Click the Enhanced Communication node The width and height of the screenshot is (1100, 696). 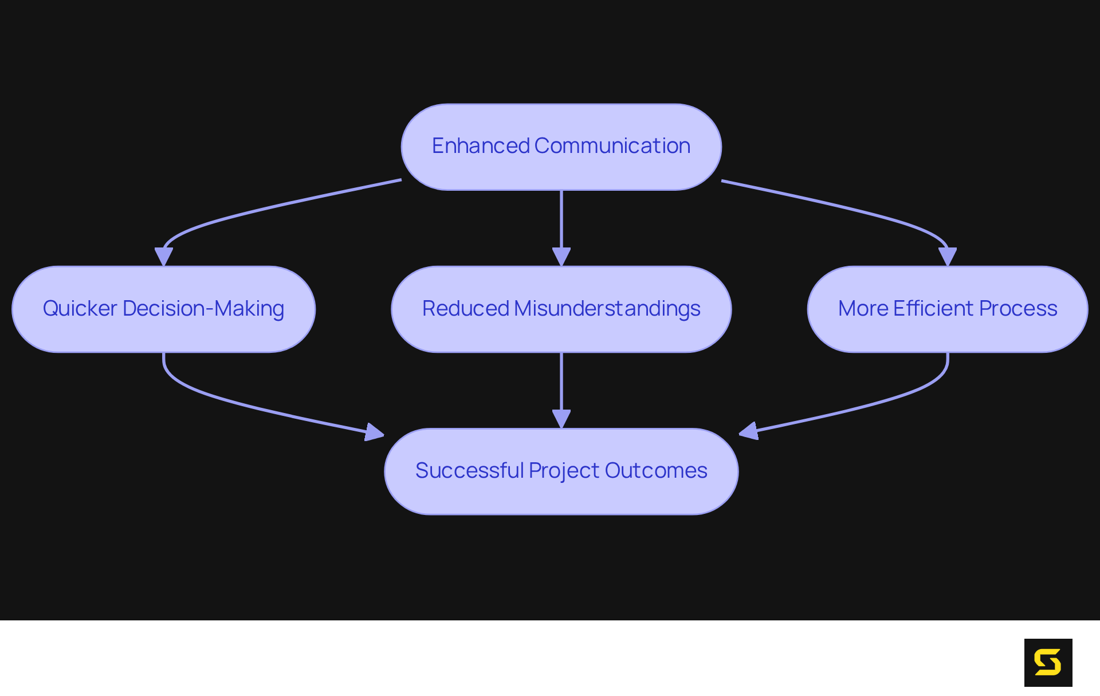click(561, 147)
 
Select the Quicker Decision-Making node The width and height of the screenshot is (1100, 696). click(163, 309)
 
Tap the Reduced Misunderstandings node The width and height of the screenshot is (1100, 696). click(561, 309)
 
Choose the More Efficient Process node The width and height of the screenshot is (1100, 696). click(947, 309)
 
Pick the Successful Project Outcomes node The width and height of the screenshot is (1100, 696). click(561, 471)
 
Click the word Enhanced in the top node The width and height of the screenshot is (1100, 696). click(481, 146)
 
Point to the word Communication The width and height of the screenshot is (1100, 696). click(612, 146)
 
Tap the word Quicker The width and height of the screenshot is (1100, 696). click(80, 308)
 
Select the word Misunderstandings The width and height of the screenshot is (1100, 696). click(607, 309)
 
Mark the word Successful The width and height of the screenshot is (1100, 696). click(470, 470)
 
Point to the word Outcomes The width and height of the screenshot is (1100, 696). click(656, 470)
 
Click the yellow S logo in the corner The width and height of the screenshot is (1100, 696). click(1048, 662)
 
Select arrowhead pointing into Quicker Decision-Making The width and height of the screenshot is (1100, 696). click(164, 257)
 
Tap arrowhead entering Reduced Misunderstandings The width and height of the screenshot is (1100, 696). click(561, 257)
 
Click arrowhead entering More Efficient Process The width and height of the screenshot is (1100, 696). click(948, 257)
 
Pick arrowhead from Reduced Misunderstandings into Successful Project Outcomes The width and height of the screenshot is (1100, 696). click(561, 419)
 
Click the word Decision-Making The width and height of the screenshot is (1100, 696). click(203, 309)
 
